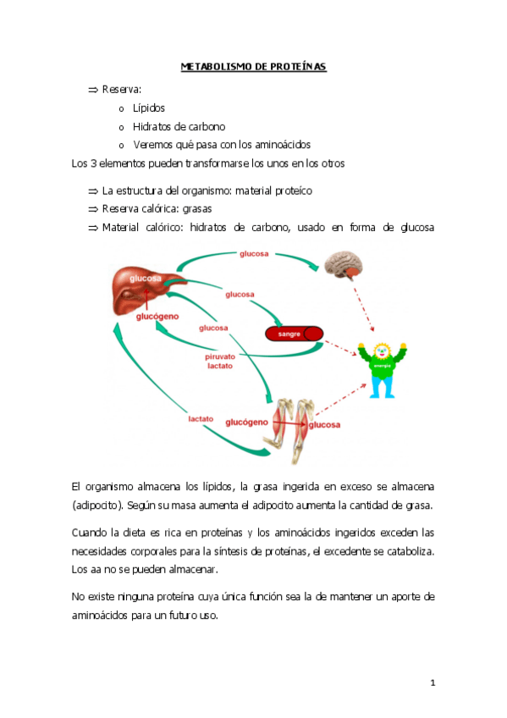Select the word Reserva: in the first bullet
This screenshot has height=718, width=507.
[121, 90]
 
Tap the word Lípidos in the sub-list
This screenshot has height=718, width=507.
[148, 108]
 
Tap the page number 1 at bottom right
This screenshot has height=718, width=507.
[432, 682]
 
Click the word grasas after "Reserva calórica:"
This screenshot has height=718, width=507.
[198, 208]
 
